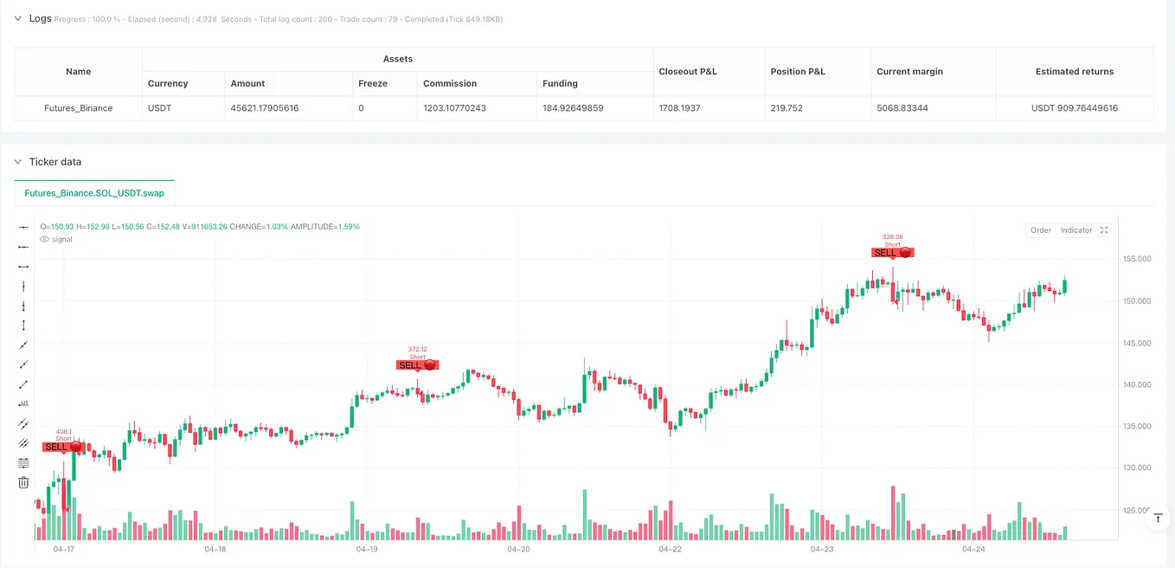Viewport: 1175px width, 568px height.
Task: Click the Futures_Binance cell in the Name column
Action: click(x=78, y=108)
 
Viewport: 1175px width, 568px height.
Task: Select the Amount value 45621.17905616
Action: click(x=269, y=108)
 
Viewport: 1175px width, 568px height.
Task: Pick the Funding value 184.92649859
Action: click(x=582, y=108)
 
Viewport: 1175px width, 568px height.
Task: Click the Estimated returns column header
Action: click(x=1075, y=71)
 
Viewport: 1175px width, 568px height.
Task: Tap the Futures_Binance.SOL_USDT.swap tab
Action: click(x=94, y=192)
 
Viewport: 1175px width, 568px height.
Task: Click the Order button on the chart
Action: click(x=1040, y=230)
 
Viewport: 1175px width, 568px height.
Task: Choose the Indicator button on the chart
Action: click(x=1076, y=230)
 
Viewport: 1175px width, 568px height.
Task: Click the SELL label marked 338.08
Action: click(x=891, y=253)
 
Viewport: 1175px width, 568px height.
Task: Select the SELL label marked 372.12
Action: click(x=417, y=365)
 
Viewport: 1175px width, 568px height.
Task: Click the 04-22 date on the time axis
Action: click(x=670, y=549)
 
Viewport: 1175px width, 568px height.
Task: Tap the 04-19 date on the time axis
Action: click(x=367, y=549)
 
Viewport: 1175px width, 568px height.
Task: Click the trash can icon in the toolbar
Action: click(x=23, y=482)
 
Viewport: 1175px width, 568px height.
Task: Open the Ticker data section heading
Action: click(x=55, y=162)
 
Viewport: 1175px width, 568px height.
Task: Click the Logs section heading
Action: click(x=40, y=18)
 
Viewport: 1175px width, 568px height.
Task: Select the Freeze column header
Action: click(x=373, y=83)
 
